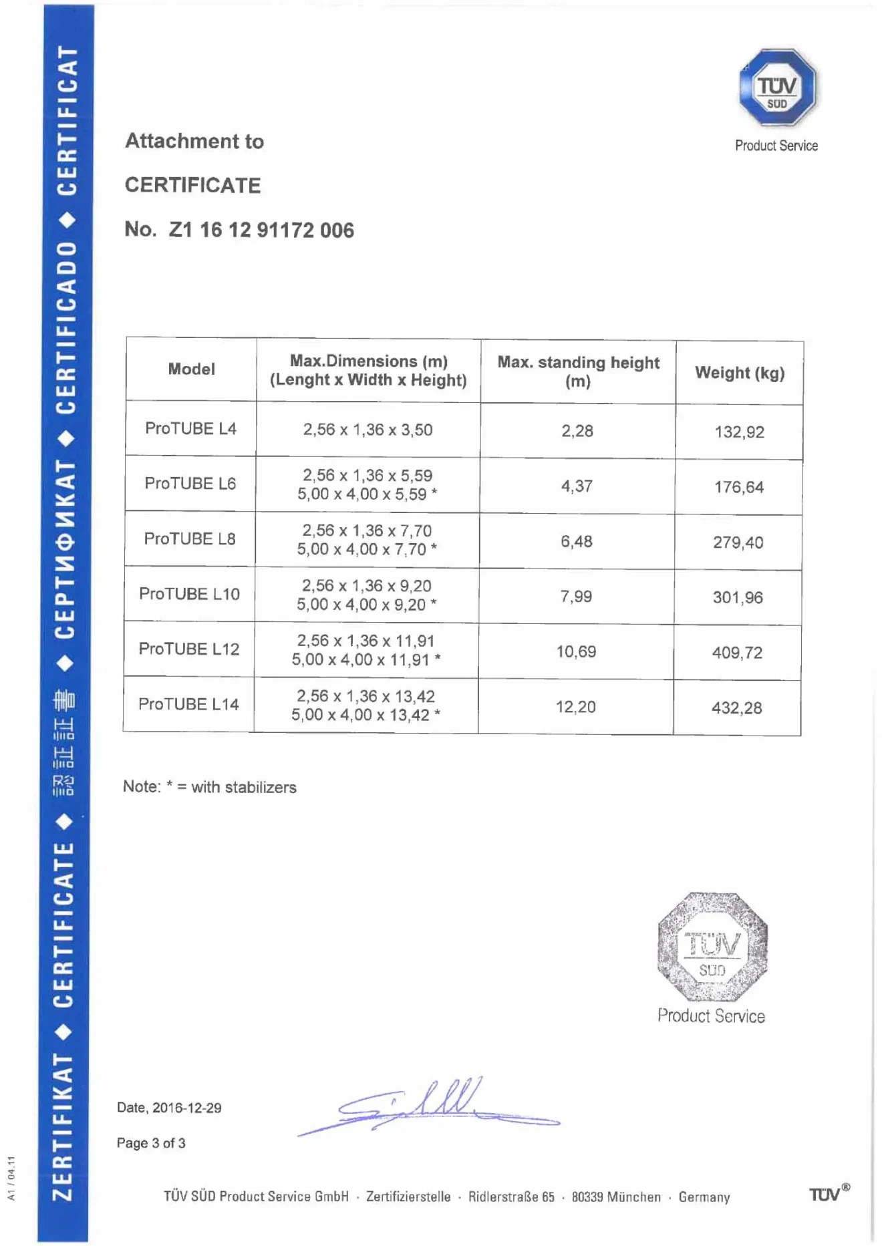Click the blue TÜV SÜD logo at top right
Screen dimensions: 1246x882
click(777, 88)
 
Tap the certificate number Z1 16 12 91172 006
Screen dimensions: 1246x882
click(261, 230)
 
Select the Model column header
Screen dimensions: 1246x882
click(191, 369)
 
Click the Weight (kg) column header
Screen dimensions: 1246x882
click(740, 373)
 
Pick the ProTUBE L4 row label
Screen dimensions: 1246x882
click(190, 428)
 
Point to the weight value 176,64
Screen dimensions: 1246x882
click(738, 487)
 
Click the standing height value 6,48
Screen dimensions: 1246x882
click(576, 541)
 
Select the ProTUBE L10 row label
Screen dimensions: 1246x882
click(189, 594)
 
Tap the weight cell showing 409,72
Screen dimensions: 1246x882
click(737, 653)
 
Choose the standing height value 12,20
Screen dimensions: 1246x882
click(575, 707)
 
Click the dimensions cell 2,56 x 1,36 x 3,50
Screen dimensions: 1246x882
click(367, 430)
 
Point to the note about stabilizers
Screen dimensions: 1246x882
click(209, 787)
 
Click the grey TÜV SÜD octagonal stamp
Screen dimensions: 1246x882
click(712, 947)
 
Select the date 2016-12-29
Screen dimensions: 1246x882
click(186, 1108)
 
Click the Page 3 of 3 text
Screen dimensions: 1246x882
click(151, 1143)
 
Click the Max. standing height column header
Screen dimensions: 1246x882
click(578, 371)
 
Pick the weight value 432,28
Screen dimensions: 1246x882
click(736, 708)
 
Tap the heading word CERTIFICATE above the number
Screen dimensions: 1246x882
click(192, 185)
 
